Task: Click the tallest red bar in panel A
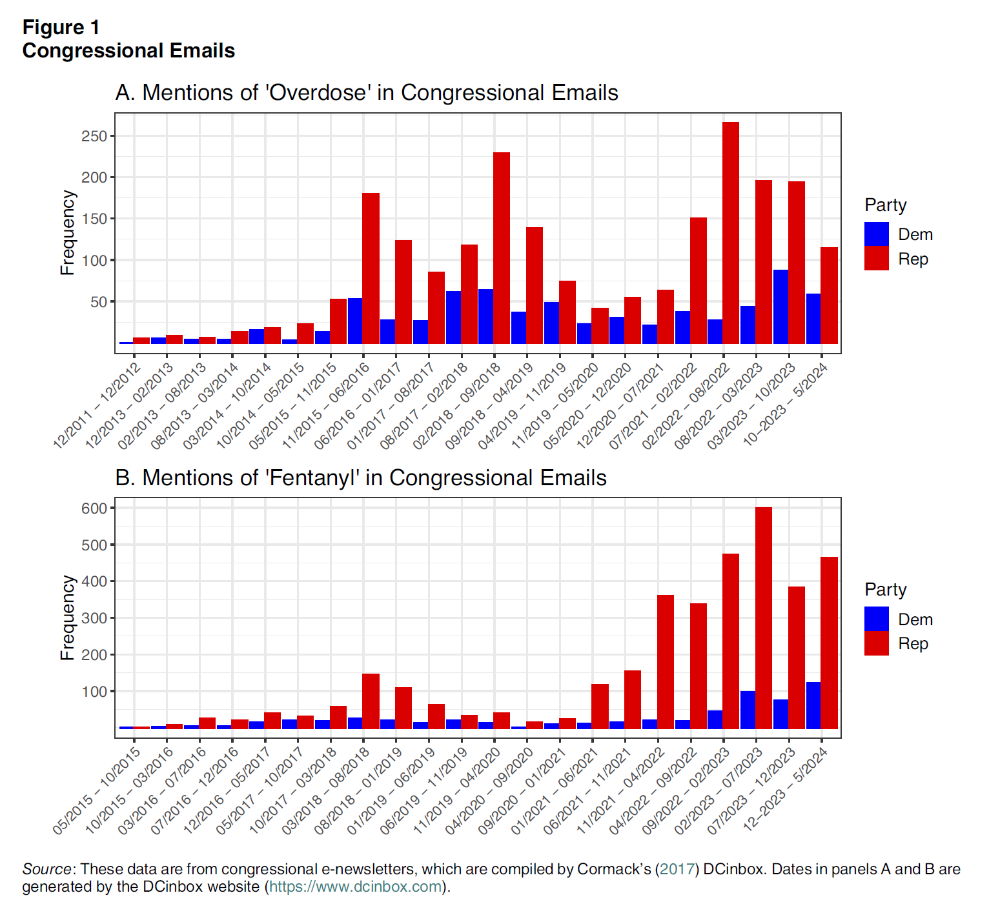(731, 232)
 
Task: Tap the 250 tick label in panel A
(94, 136)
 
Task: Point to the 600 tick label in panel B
(94, 508)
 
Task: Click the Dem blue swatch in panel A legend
(877, 234)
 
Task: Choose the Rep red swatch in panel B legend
(877, 643)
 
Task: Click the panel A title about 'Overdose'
(367, 93)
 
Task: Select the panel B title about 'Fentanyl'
(361, 478)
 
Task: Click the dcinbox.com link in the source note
(356, 887)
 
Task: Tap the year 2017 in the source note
(677, 869)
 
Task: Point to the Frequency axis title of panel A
(67, 232)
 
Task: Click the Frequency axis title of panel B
(67, 617)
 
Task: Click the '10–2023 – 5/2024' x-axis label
(786, 405)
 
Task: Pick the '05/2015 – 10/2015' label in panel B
(97, 790)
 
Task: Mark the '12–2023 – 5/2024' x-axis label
(786, 790)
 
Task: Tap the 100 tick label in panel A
(94, 261)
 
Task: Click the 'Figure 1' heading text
(61, 27)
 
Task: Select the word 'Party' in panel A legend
(886, 205)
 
